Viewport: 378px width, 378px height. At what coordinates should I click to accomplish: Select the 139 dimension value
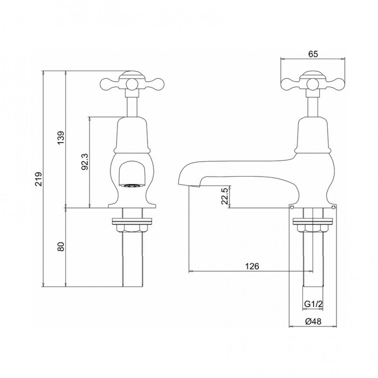click(61, 139)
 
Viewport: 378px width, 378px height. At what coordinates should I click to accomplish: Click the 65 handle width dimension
click(313, 54)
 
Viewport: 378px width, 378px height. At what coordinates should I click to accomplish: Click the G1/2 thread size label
click(312, 304)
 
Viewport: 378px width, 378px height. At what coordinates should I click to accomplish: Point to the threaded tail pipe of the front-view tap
click(132, 259)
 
